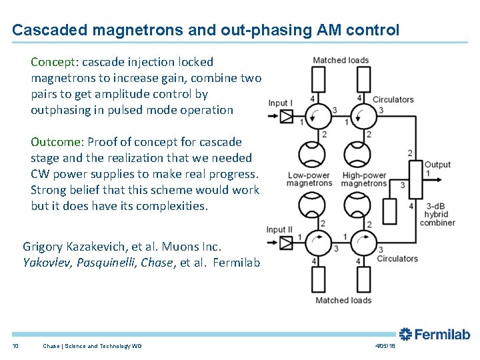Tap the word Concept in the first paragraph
pos(53,62)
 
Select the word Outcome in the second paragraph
pos(55,142)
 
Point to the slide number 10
pos(15,345)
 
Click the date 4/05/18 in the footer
pos(385,345)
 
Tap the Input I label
pos(280,103)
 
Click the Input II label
pos(279,230)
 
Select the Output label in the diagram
pos(437,165)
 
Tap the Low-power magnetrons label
pos(309,179)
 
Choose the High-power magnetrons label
pos(364,179)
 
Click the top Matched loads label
pos(341,60)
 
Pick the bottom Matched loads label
pos(343,300)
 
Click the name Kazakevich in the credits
pos(88,247)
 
